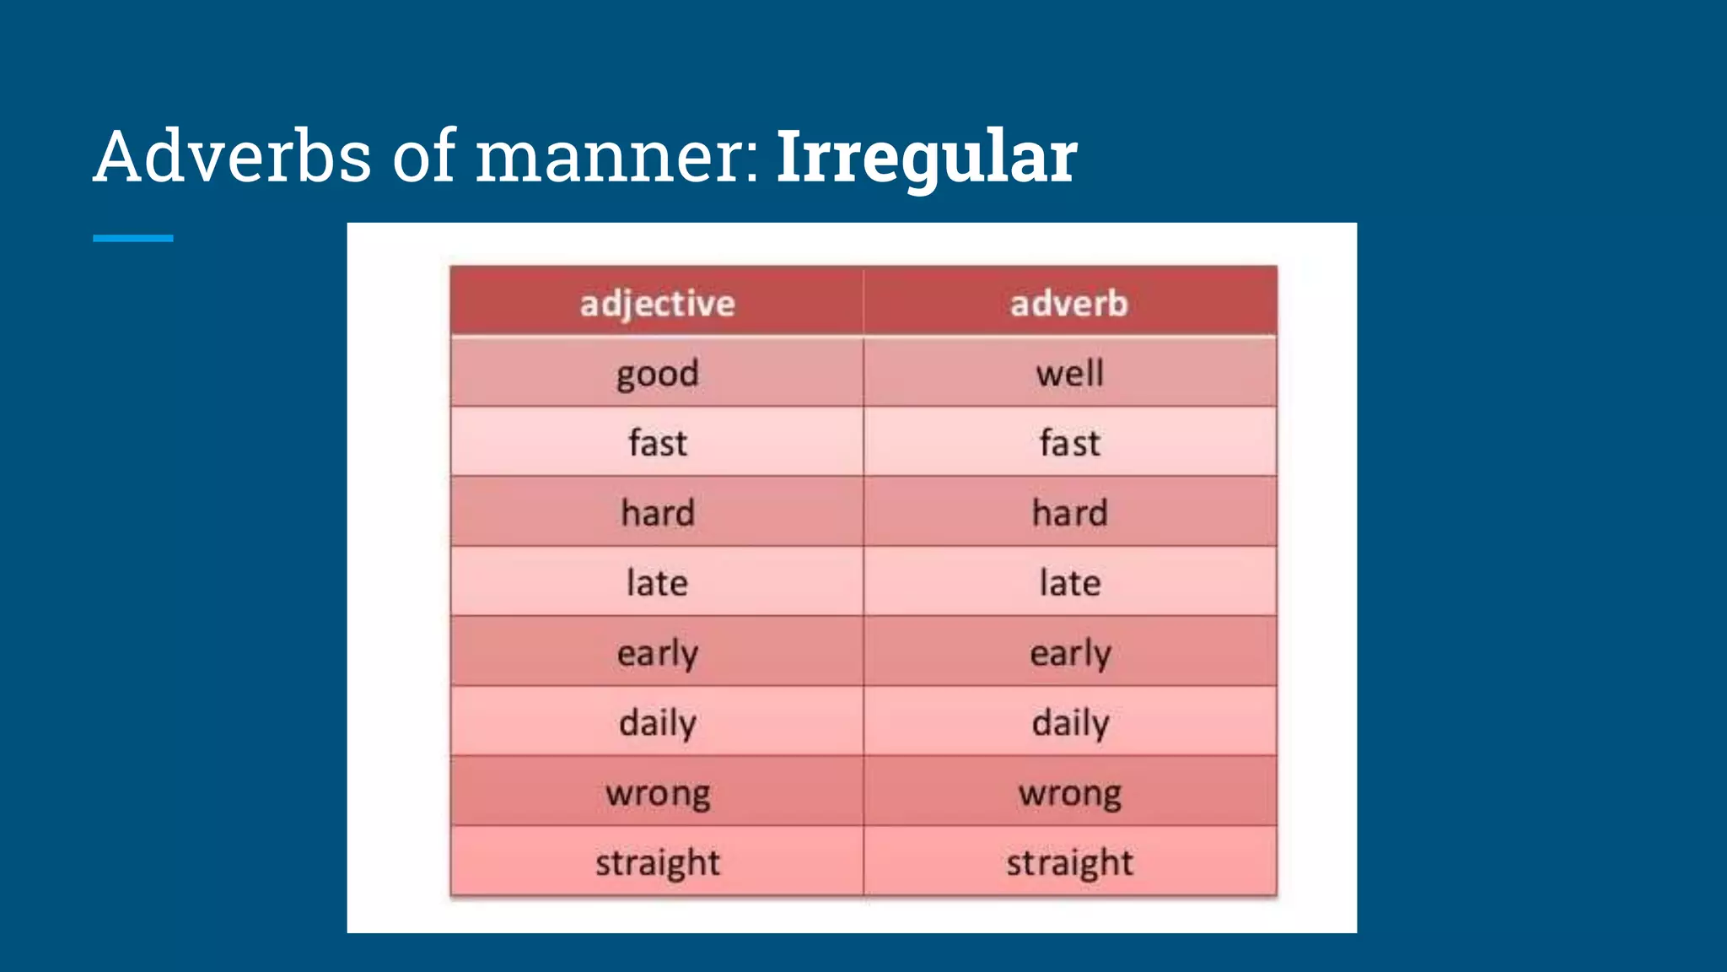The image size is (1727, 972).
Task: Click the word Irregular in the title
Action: pyautogui.click(x=926, y=157)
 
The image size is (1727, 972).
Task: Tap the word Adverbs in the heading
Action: pyautogui.click(x=233, y=157)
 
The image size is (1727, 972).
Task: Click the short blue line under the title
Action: pyautogui.click(x=133, y=239)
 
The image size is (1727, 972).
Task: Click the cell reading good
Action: pyautogui.click(x=657, y=374)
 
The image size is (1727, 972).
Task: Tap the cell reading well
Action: pyautogui.click(x=1069, y=374)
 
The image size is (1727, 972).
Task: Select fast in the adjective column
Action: pyautogui.click(x=657, y=443)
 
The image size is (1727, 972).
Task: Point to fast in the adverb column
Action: pyautogui.click(x=1069, y=443)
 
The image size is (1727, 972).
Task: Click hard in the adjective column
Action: pyautogui.click(x=657, y=513)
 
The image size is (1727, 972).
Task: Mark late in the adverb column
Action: pyautogui.click(x=1069, y=583)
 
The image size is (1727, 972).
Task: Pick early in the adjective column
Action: pyautogui.click(x=657, y=653)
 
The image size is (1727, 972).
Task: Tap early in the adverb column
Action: pyautogui.click(x=1069, y=653)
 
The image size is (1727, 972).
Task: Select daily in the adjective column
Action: pyautogui.click(x=657, y=723)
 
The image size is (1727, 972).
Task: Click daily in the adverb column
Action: pyautogui.click(x=1069, y=723)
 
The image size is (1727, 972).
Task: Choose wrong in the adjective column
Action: pyautogui.click(x=657, y=793)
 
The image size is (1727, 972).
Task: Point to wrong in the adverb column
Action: pyautogui.click(x=1069, y=793)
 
